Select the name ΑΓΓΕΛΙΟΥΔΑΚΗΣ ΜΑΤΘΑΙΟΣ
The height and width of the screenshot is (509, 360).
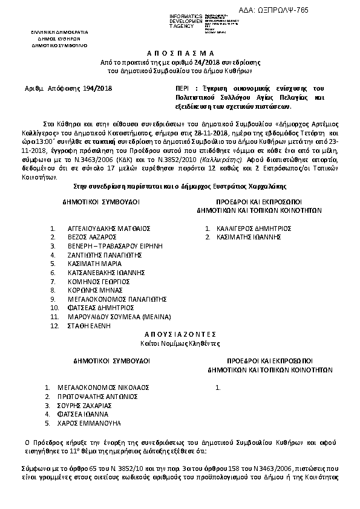point(108,229)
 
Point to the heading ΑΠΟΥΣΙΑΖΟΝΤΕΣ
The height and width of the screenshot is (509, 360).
point(180,334)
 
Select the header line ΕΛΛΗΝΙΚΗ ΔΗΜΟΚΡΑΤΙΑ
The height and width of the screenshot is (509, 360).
point(60,31)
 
